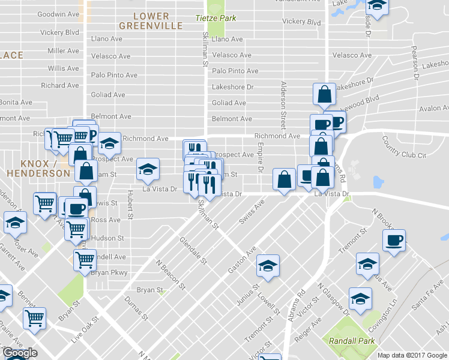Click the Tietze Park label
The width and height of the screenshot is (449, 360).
point(215,18)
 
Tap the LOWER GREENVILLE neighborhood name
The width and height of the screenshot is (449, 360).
point(151,20)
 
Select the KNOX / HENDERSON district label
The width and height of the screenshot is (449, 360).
point(38,168)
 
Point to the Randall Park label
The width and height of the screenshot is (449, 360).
point(352,341)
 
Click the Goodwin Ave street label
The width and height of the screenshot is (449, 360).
point(58,14)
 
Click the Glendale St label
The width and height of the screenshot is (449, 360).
point(193,250)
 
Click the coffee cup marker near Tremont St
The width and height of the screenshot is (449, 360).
point(394,241)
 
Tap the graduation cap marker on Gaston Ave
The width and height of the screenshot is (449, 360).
point(268,265)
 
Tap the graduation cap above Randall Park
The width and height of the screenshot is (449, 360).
point(360,298)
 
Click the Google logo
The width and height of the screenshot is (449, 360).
point(20,353)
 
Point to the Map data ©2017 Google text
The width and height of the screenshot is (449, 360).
point(412,355)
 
